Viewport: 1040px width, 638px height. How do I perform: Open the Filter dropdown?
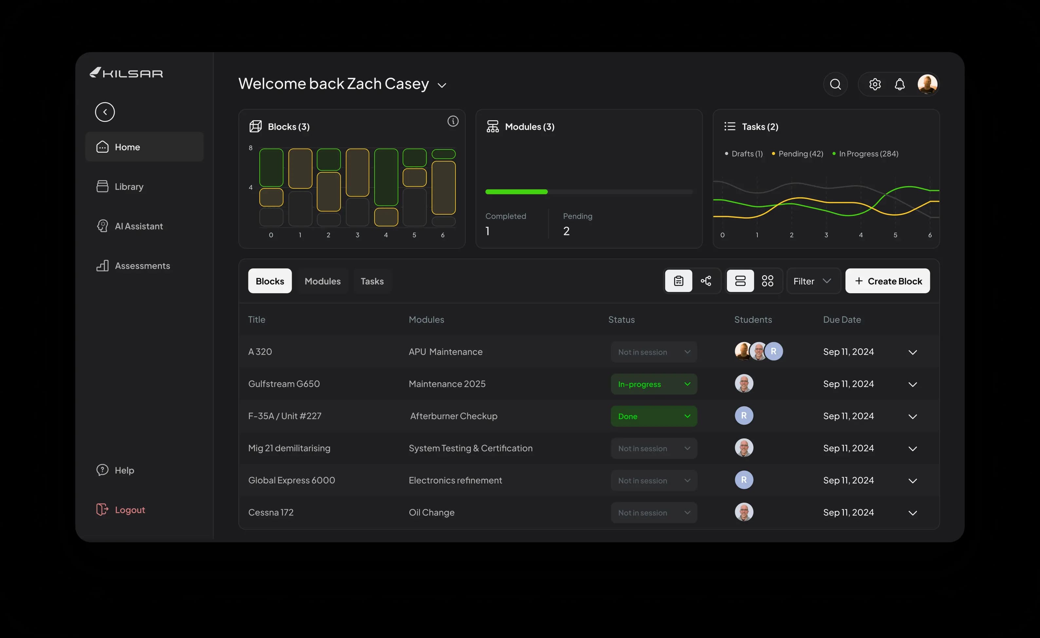(812, 281)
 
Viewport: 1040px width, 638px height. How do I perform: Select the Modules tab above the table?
(323, 281)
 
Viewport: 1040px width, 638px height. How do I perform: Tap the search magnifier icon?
(835, 85)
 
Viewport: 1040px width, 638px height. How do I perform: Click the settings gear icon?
(875, 85)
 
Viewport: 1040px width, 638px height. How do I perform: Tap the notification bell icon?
(900, 85)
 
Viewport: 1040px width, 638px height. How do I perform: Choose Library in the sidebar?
(129, 187)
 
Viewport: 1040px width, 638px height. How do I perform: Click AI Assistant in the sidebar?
(139, 226)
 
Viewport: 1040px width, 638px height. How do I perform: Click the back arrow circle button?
(105, 112)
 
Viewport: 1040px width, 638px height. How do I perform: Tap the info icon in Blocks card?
(453, 122)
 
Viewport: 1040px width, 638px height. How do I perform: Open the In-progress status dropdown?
(653, 384)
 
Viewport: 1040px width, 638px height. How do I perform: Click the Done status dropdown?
(653, 416)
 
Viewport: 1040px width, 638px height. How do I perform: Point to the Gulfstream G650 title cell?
(284, 384)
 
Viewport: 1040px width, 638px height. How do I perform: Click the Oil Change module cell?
(431, 512)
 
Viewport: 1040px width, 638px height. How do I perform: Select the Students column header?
(753, 319)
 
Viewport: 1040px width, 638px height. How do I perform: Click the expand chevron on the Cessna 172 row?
(913, 513)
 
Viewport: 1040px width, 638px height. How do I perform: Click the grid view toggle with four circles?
(767, 281)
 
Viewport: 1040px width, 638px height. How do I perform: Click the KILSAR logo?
(126, 73)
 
